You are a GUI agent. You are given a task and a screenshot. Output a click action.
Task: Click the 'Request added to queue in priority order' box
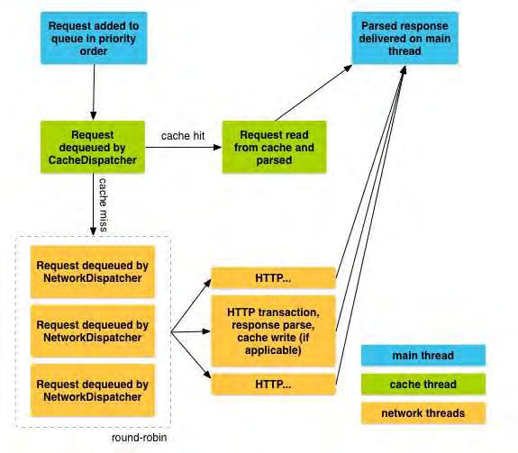tap(94, 38)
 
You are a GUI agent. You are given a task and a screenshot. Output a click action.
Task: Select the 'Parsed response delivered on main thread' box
tap(405, 38)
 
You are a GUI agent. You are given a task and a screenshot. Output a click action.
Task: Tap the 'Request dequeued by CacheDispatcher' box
tap(93, 147)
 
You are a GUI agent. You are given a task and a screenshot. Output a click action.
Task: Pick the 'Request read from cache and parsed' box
tap(274, 147)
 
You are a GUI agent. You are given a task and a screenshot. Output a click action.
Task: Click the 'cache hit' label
tap(183, 136)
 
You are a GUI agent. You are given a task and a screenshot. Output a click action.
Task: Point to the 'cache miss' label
tap(104, 204)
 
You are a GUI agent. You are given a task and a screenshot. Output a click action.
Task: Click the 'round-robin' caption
tap(139, 438)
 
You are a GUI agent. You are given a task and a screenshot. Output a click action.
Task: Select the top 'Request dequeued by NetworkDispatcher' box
tap(93, 272)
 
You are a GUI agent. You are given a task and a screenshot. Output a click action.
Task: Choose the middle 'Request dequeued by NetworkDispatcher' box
tap(93, 331)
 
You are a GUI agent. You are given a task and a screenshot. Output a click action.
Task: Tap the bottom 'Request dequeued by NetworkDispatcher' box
tap(93, 390)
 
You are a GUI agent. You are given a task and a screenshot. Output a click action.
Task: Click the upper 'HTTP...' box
tap(273, 278)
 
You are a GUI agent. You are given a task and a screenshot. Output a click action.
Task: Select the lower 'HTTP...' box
tap(273, 385)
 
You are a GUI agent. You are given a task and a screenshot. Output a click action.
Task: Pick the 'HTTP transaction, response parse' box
tap(273, 331)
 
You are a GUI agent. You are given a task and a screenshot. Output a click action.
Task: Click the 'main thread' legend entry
tap(423, 356)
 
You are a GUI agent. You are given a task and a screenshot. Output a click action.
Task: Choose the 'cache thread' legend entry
tap(423, 385)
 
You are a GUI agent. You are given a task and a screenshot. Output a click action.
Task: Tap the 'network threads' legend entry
tap(423, 413)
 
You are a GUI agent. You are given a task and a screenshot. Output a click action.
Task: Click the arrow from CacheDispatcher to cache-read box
tap(184, 148)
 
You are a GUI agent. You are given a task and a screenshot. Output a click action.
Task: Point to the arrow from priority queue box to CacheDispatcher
tap(94, 93)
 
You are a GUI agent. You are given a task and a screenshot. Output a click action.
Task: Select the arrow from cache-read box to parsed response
tap(314, 93)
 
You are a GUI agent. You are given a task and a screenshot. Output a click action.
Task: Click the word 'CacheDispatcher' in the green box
tap(93, 160)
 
